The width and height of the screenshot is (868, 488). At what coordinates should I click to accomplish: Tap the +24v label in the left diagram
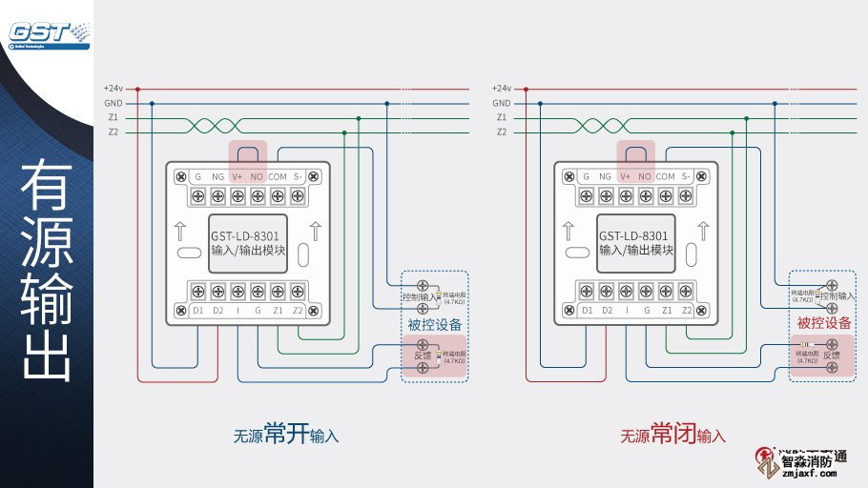[x=114, y=89]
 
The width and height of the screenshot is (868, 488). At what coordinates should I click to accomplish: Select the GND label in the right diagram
[x=502, y=103]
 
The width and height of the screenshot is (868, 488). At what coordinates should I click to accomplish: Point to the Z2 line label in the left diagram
[x=114, y=132]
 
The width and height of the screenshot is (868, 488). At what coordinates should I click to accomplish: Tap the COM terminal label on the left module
[x=278, y=176]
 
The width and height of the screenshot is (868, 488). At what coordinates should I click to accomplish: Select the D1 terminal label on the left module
[x=198, y=310]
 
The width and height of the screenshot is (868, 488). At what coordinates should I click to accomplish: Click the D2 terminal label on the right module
[x=608, y=310]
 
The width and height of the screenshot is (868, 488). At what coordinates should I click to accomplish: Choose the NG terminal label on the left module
[x=217, y=176]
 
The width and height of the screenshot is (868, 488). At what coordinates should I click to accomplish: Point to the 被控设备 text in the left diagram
[x=435, y=324]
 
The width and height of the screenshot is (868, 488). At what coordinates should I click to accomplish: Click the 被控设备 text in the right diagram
[x=824, y=323]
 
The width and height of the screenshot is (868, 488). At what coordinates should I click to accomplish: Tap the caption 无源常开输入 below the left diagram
[x=286, y=435]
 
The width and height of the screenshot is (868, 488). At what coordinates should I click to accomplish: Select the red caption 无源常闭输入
[x=673, y=435]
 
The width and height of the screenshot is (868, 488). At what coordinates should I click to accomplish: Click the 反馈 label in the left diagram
[x=423, y=356]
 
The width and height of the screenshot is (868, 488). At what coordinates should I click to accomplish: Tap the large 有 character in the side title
[x=46, y=187]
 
